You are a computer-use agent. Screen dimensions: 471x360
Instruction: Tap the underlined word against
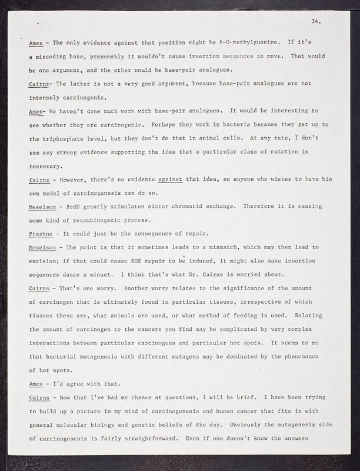(171, 180)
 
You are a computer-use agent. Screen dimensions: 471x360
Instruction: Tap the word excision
(45, 261)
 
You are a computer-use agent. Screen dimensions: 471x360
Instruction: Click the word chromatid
(182, 207)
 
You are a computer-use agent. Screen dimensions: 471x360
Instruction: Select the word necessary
(46, 167)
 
